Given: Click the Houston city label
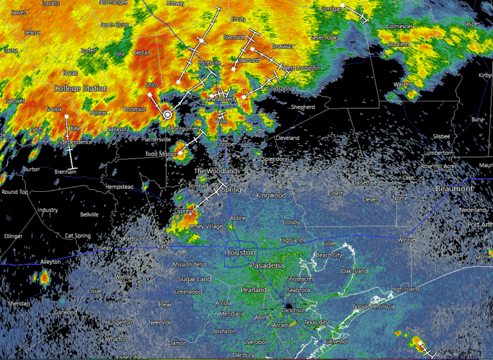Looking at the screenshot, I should point(240,253).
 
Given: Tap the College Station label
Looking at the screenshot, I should point(80,88).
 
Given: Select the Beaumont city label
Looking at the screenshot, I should point(454,189).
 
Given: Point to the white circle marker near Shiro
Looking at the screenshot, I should point(168,114).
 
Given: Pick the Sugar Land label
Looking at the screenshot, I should point(195,280).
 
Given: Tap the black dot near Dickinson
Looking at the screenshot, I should point(288,307).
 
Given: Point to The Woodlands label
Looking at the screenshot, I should point(216,171).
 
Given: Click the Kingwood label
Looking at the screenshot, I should point(270,194).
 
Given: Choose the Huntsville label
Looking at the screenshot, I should point(209,63).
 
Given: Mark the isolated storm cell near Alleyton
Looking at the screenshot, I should point(44,278).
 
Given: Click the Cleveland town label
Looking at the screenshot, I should point(288,138).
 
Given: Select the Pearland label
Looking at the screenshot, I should point(254,290).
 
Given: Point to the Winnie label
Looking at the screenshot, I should point(406,240).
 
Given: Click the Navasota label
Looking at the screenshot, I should point(118,129).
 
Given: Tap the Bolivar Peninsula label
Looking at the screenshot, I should point(372,307).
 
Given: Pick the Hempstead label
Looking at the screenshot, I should point(119,186).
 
